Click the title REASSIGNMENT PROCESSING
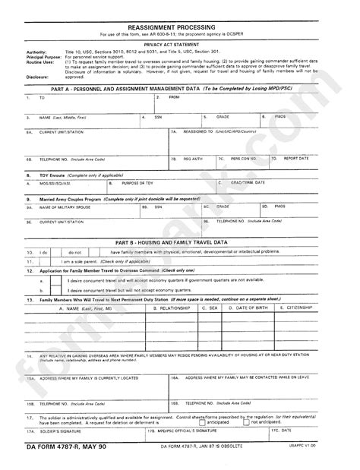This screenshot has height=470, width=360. (x=180, y=25)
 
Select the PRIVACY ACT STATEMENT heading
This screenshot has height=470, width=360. (x=179, y=45)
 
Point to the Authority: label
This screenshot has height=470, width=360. (x=36, y=51)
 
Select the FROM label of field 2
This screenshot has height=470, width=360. (x=174, y=98)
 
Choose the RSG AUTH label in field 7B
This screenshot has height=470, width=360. (x=193, y=159)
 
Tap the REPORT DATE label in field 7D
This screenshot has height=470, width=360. (x=296, y=159)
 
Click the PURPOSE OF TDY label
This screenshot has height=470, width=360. (x=137, y=183)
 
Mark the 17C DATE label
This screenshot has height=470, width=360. (x=286, y=431)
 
